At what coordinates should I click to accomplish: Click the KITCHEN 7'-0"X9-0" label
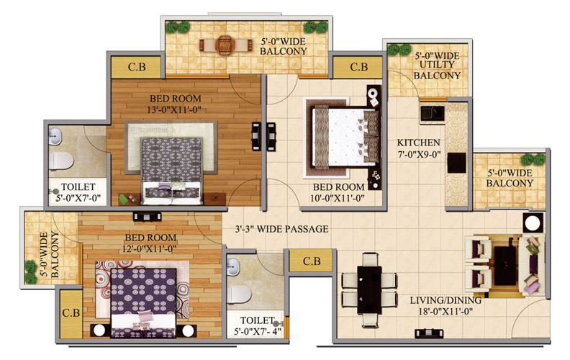(419, 148)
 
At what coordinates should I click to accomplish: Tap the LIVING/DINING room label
(445, 300)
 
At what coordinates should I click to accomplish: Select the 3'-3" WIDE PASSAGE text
(281, 229)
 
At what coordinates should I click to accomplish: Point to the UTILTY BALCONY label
(437, 70)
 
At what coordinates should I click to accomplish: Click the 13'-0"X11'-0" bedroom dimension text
(174, 109)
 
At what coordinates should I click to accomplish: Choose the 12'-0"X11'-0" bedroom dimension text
(150, 248)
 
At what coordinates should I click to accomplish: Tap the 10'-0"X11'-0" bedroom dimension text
(338, 198)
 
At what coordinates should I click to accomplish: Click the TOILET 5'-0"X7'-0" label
(78, 193)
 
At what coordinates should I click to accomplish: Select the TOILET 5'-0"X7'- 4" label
(258, 326)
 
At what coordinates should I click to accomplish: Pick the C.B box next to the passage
(312, 261)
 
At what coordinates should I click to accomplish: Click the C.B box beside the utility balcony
(359, 67)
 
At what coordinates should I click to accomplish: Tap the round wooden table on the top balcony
(225, 45)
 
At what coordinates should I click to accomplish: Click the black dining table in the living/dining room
(369, 289)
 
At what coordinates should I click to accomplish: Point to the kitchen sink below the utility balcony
(433, 113)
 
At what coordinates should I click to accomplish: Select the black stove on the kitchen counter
(456, 163)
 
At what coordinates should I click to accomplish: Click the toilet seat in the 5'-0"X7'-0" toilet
(61, 161)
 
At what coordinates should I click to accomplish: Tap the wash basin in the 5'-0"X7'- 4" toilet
(233, 267)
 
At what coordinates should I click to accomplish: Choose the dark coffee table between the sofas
(505, 266)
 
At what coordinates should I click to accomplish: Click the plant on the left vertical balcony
(31, 271)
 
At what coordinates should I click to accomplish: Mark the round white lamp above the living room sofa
(533, 223)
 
